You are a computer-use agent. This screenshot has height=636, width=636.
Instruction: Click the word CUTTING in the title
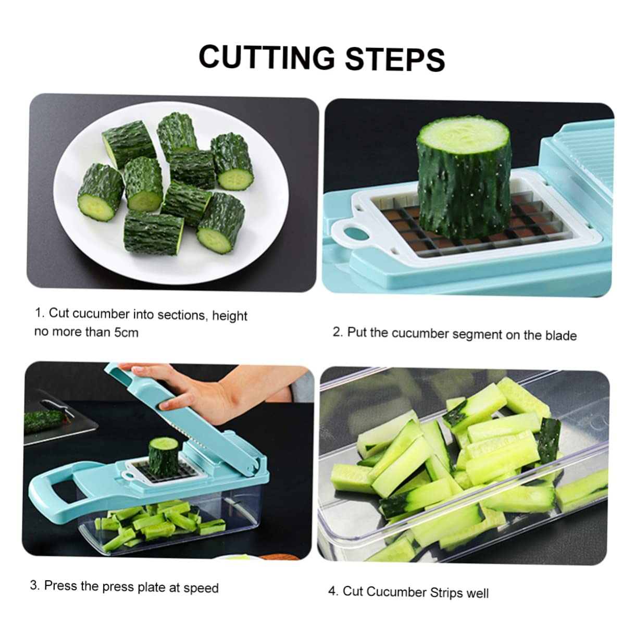pyautogui.click(x=266, y=57)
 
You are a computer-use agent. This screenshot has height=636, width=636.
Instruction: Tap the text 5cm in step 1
pyautogui.click(x=126, y=332)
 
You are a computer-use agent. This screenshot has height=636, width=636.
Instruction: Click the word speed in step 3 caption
pyautogui.click(x=201, y=588)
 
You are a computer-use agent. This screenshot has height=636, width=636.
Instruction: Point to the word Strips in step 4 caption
pyautogui.click(x=447, y=593)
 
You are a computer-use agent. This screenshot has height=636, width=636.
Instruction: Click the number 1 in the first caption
pyautogui.click(x=38, y=313)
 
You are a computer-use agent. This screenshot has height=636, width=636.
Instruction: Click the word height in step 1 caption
pyautogui.click(x=229, y=316)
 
